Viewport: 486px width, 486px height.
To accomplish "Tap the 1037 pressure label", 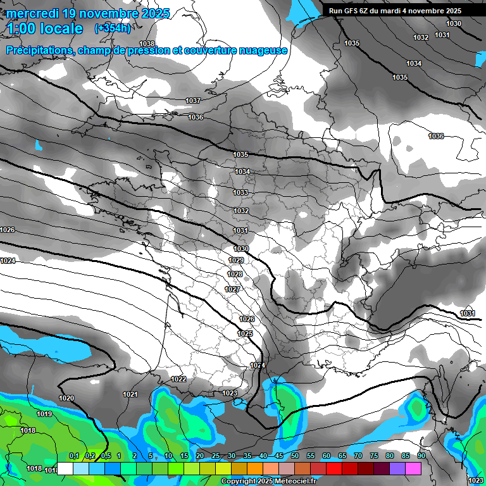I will click(193, 101).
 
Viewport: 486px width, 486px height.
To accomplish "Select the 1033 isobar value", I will click(240, 192).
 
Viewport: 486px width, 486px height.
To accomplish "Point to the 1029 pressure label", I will click(236, 261).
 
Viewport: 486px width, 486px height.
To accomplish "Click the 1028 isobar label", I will click(235, 275).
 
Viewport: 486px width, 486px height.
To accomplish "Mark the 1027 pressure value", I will click(232, 290).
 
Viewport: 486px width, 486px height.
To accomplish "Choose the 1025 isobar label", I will click(245, 333).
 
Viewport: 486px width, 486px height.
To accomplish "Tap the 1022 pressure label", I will click(178, 379).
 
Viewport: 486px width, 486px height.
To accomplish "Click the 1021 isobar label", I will click(130, 394).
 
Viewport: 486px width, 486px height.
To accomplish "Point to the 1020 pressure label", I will click(66, 398).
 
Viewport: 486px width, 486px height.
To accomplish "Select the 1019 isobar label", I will click(44, 414).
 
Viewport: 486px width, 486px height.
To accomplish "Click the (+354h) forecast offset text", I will click(113, 28).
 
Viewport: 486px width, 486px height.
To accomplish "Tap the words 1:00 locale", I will click(45, 28).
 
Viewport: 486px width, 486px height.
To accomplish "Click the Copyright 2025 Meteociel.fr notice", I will click(269, 481).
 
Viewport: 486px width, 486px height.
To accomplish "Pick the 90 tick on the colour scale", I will click(421, 456).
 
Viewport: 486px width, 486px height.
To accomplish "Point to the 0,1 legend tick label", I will click(73, 456).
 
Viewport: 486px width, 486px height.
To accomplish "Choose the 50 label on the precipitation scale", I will click(294, 456).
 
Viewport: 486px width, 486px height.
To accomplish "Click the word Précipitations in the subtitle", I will click(39, 50).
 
